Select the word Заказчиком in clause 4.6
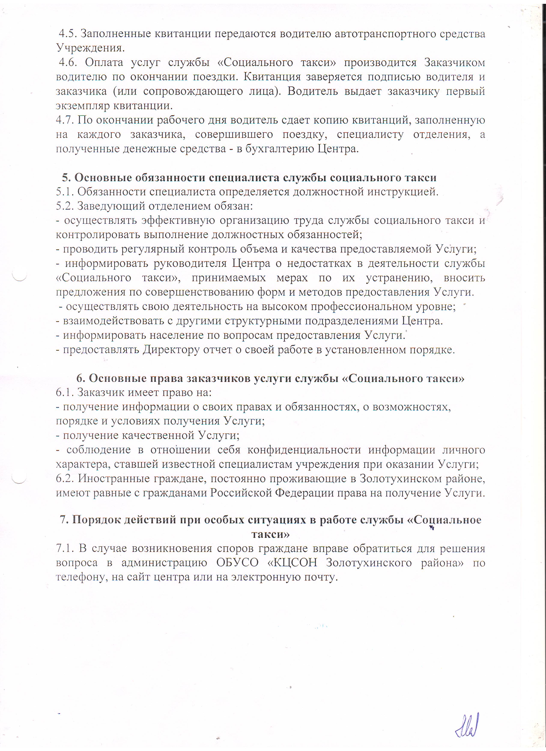pos(455,63)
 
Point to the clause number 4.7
pos(65,120)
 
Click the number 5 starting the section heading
pos(66,178)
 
